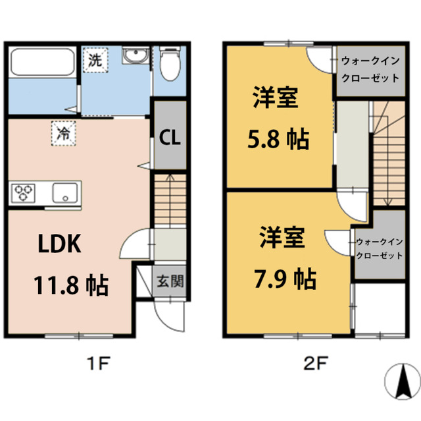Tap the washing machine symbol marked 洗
95,61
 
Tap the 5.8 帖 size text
277,140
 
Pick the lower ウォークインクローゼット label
378,248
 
